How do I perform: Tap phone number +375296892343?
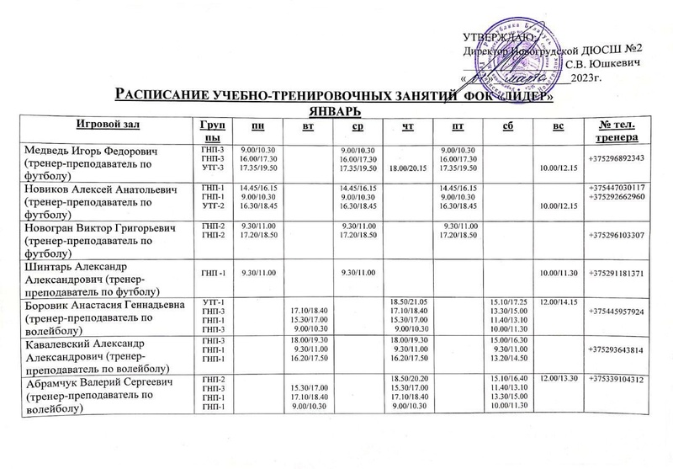tap(617, 159)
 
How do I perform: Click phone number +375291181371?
tap(617, 274)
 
